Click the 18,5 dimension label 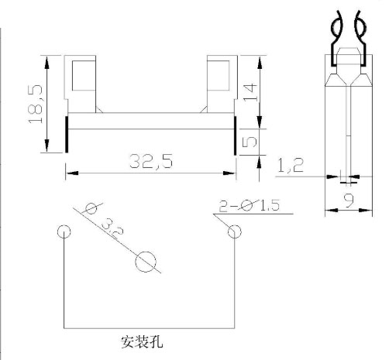tap(36, 104)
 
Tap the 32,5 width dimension tap(151, 161)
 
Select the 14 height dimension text tap(250, 92)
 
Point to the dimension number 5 tap(250, 142)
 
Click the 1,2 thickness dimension tap(291, 165)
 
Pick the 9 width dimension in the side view tap(349, 201)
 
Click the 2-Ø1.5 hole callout tap(250, 205)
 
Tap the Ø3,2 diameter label tap(103, 219)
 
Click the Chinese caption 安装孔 tap(142, 341)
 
